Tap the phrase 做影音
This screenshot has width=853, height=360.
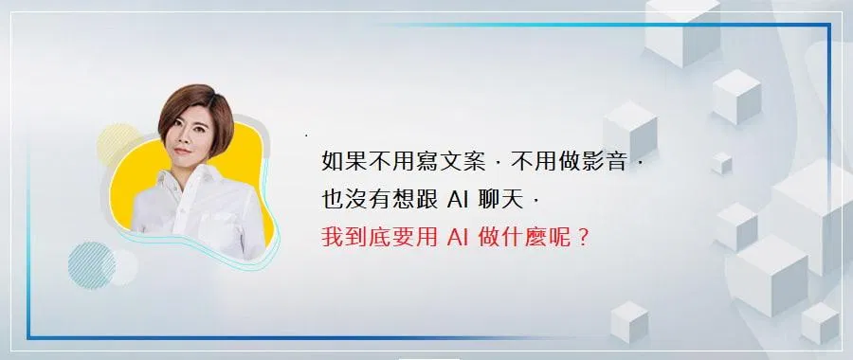[593, 161]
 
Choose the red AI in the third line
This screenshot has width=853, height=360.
[458, 238]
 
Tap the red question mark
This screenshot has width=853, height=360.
[583, 238]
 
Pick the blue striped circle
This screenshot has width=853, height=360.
[91, 265]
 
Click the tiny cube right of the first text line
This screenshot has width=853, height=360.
[721, 164]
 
